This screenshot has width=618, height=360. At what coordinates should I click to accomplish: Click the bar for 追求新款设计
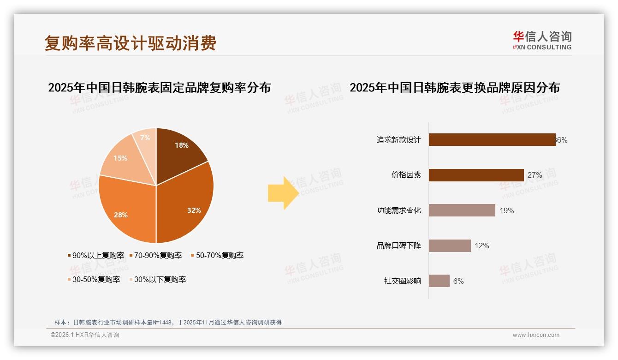[492, 140]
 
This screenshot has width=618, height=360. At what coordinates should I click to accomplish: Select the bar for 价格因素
[476, 175]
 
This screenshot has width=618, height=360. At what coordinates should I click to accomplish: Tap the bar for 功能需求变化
[462, 210]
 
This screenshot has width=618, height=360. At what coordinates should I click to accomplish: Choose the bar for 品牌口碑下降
[450, 246]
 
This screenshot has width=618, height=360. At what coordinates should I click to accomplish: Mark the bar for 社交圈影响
[439, 281]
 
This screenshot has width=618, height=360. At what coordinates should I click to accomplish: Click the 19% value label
[506, 211]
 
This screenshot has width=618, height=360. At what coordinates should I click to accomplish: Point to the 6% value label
[458, 281]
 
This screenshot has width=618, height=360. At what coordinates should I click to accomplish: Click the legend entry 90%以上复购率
[95, 255]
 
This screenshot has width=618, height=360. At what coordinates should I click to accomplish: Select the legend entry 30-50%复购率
[94, 279]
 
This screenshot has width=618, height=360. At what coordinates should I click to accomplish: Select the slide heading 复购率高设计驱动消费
[131, 43]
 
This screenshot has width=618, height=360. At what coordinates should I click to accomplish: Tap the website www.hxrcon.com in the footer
[536, 335]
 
